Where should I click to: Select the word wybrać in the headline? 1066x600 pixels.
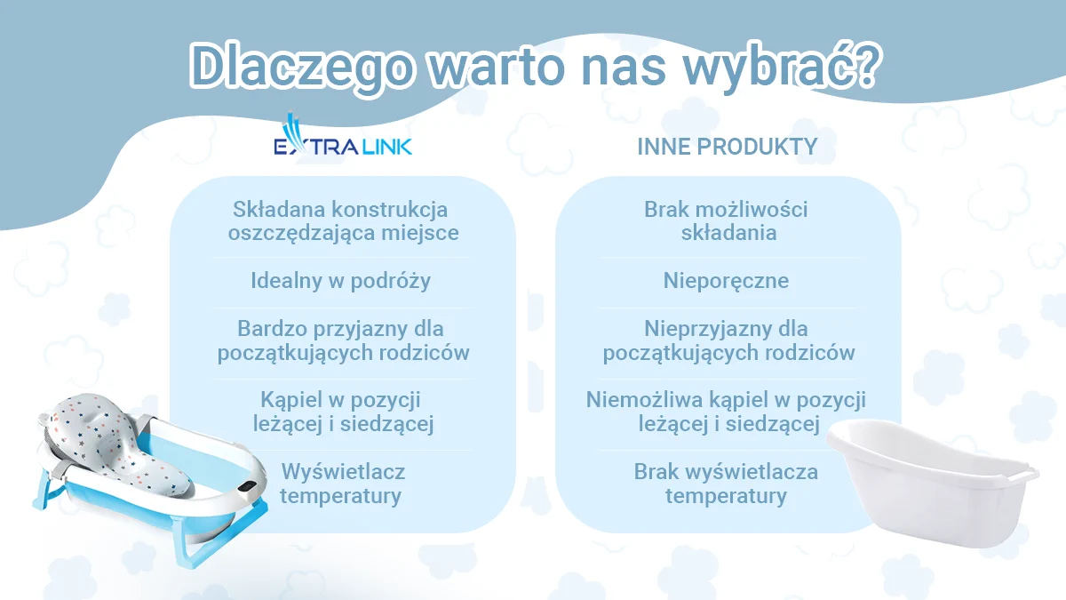(x=765, y=66)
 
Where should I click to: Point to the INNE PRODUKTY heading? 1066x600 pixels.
(x=728, y=147)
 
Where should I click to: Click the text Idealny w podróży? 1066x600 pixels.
(x=341, y=281)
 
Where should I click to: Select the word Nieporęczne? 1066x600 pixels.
(x=727, y=281)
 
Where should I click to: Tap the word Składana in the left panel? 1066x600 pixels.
(x=280, y=210)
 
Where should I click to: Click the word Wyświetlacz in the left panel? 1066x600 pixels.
(x=343, y=472)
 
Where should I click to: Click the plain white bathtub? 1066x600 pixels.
(x=932, y=482)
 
